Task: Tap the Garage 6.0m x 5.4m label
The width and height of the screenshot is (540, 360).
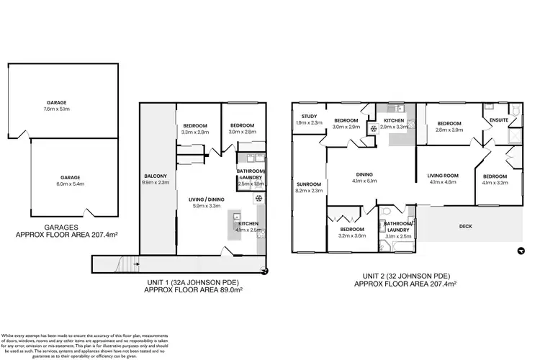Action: pyautogui.click(x=70, y=181)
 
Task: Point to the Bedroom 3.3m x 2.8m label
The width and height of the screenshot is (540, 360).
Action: pyautogui.click(x=195, y=129)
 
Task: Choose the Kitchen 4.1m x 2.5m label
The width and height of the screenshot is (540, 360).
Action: pyautogui.click(x=248, y=227)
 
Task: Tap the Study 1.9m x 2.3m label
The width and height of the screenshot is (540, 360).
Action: pyautogui.click(x=310, y=120)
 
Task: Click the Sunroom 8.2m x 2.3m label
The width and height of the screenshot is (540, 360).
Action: pyautogui.click(x=309, y=188)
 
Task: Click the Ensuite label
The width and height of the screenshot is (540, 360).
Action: pyautogui.click(x=498, y=120)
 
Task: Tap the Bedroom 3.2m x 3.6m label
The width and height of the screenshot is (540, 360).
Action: pyautogui.click(x=352, y=232)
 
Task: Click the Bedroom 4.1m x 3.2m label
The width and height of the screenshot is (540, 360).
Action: pyautogui.click(x=495, y=179)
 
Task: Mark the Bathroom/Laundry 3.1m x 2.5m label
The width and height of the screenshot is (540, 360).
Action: pyautogui.click(x=397, y=229)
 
